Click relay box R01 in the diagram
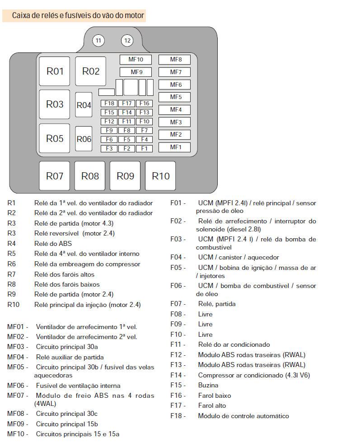55,71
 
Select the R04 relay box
84,105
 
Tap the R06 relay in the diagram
84,139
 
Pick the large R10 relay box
160,176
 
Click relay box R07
55,176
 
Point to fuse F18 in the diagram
109,104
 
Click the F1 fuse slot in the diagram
144,148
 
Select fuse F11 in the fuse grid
126,122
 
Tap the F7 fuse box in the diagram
144,131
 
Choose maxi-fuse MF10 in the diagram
136,59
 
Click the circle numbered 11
98,41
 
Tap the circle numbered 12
127,41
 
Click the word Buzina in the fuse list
208,385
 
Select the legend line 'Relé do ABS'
53,244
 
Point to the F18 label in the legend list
177,416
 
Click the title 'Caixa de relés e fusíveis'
78,16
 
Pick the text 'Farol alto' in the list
212,405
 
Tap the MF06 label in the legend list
17,386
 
